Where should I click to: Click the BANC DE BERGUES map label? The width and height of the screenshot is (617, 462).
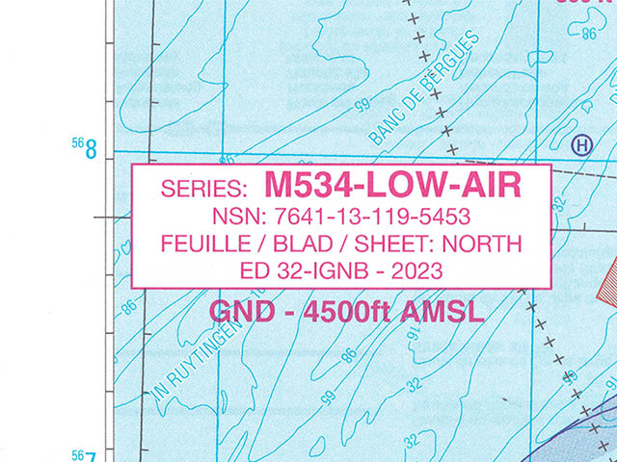point(423,90)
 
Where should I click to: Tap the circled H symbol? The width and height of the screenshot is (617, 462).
point(580,145)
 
